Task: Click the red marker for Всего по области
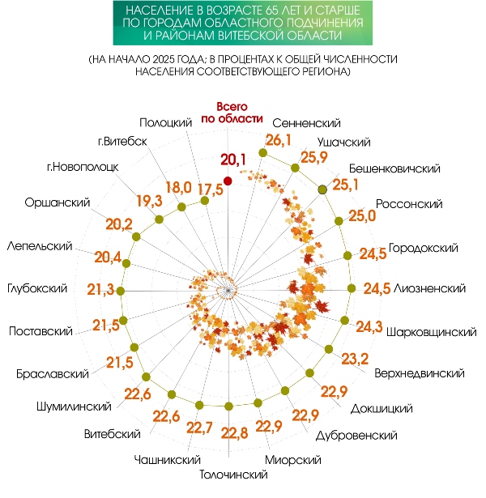(x=228, y=180)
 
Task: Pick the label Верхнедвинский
(x=420, y=373)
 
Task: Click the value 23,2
(x=356, y=359)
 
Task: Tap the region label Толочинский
(x=233, y=475)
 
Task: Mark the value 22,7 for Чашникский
(x=198, y=427)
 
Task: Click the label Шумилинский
(x=74, y=406)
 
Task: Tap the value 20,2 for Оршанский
(x=119, y=224)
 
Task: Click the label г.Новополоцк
(x=83, y=168)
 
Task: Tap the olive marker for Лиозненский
(x=351, y=289)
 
